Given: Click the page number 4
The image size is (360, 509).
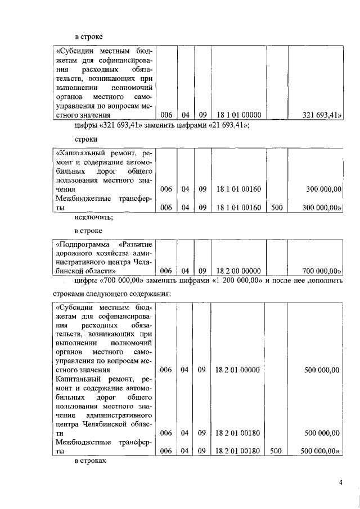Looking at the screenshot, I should [340, 482].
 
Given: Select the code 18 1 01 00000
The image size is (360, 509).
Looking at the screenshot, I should [238, 115].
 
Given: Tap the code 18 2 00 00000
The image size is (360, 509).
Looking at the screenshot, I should [238, 271].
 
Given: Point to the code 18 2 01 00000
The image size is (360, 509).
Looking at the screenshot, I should [237, 370].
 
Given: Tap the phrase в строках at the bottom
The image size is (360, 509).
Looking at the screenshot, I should [91, 461].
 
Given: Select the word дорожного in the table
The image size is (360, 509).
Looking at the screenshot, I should [75, 253].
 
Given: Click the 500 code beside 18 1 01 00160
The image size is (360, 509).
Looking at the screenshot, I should [276, 208].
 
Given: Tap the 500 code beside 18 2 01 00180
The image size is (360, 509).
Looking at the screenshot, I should [276, 451].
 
